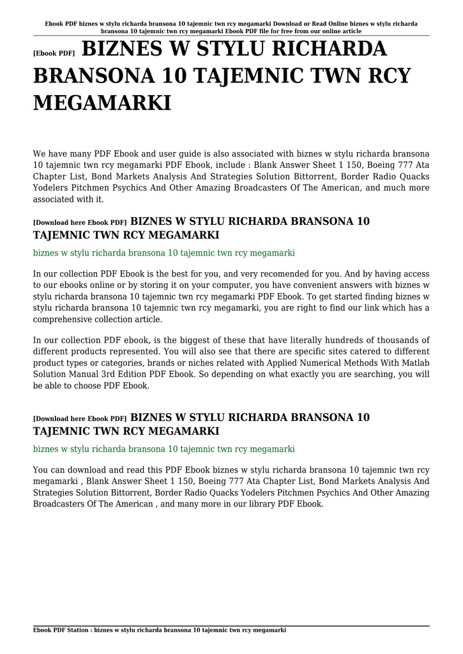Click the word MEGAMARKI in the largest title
tap(102, 102)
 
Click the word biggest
tap(178, 340)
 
